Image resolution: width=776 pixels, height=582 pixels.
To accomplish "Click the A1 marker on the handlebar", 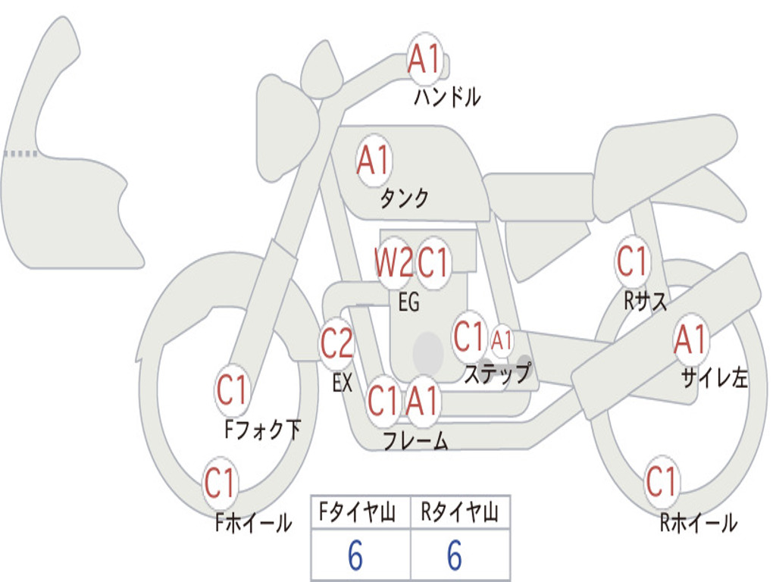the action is point(425,59).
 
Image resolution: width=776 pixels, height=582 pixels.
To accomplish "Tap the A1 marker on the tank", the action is point(374,161).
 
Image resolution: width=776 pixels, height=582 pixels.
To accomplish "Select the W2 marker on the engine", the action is point(394,262).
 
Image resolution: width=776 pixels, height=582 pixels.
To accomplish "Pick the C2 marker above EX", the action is point(337,343).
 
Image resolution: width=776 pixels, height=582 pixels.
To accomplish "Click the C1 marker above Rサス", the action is point(633,261).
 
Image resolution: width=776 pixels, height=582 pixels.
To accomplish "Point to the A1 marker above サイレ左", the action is point(691,339).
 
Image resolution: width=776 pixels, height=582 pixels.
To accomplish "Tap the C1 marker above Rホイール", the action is point(662,481).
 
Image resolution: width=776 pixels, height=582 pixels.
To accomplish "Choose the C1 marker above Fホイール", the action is point(220,482).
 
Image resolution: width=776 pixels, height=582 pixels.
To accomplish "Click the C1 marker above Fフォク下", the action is point(232,390).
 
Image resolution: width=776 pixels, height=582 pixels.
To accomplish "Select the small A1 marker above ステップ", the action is point(502,340).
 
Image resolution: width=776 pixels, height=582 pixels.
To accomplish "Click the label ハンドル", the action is point(447,97).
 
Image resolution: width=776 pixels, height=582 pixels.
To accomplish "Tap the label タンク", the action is point(404,198).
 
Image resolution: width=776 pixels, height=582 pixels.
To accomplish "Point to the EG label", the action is point(408,302).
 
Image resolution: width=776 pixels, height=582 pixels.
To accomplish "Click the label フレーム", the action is point(416,440).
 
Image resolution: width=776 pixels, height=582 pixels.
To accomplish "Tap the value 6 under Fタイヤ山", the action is point(355,555).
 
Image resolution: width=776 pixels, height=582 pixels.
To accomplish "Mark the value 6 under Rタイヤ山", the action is point(455,555).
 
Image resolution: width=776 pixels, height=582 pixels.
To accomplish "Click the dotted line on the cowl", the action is point(20,154).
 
